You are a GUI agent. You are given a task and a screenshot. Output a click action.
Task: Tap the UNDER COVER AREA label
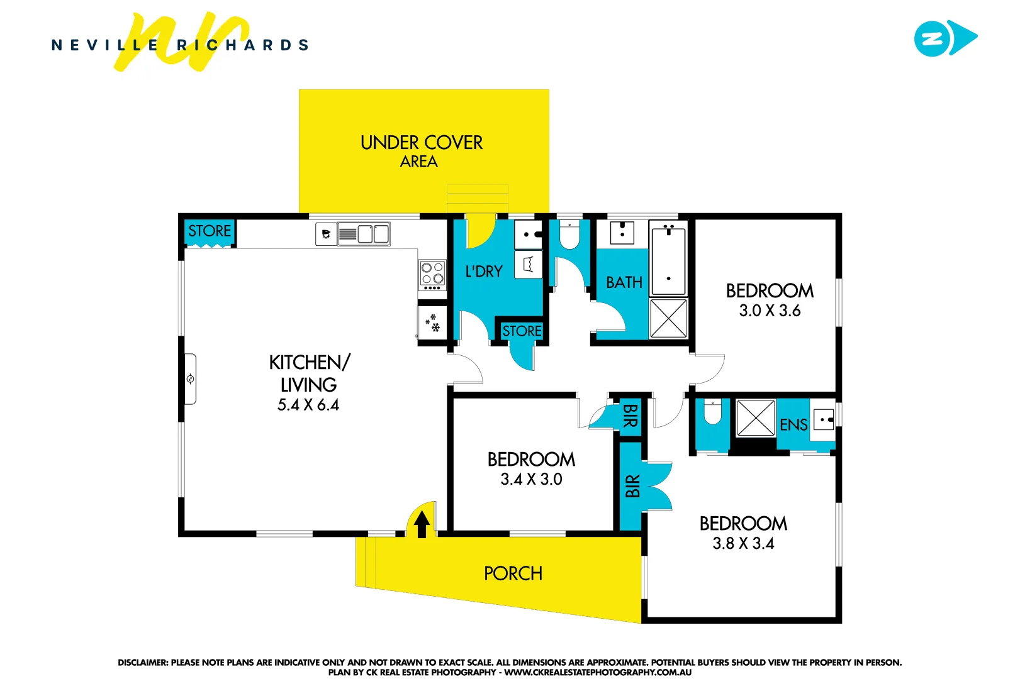[x=421, y=151]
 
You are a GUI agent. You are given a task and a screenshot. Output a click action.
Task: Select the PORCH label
[x=513, y=573]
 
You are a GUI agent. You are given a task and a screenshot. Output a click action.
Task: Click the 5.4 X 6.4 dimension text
[x=308, y=405]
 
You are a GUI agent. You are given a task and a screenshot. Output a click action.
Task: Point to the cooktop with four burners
[x=432, y=275]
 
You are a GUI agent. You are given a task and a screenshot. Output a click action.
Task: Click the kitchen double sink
[x=373, y=235]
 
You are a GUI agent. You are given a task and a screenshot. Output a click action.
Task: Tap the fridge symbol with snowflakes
[x=432, y=323]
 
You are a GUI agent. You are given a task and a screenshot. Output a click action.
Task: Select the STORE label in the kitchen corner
[x=210, y=231]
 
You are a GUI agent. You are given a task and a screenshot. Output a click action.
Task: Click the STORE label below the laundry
[x=522, y=331]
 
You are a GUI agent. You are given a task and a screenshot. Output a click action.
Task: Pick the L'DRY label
[x=484, y=272]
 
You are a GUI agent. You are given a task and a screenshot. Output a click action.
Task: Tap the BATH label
[x=624, y=282]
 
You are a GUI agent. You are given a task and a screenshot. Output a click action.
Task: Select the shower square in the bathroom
[x=668, y=318]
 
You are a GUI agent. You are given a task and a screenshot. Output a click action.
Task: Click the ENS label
[x=793, y=425]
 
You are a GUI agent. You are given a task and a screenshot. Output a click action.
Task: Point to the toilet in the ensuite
[x=712, y=413]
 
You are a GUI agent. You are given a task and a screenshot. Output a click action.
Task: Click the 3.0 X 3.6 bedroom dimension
[x=770, y=311]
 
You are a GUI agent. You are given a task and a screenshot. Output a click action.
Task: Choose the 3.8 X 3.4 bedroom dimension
[x=743, y=543]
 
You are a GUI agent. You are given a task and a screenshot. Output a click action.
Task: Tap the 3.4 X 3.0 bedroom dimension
[x=531, y=479]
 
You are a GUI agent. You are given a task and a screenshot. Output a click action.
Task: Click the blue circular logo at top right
[x=932, y=38]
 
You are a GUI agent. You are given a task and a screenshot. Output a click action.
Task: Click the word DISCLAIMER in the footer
[x=142, y=662]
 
